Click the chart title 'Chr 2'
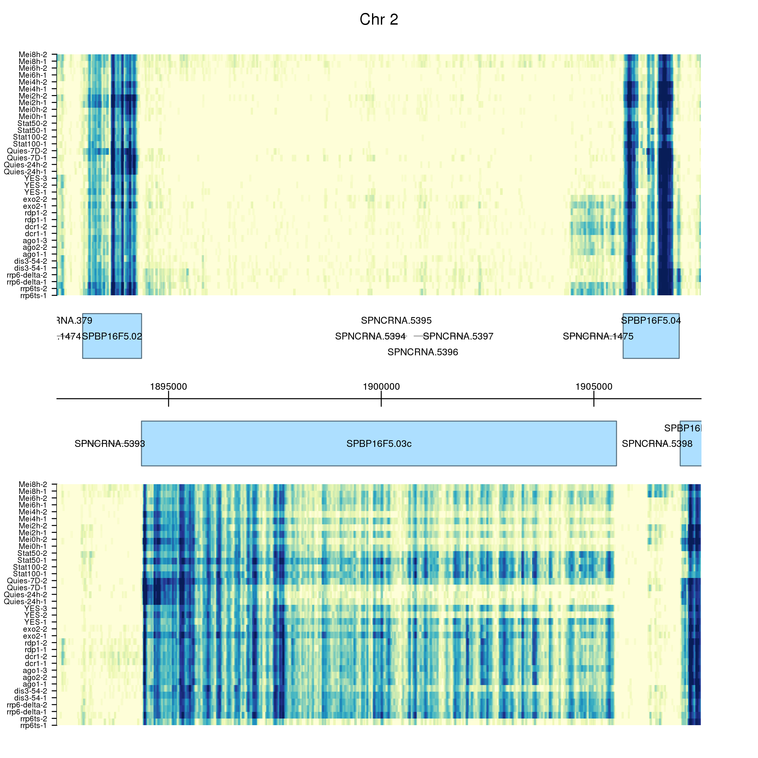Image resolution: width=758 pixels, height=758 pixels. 379,20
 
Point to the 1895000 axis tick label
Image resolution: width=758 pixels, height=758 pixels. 168,387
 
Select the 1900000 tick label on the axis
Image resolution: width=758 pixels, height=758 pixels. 381,387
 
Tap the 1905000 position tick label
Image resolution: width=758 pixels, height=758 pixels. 594,387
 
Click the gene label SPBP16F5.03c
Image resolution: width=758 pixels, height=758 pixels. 379,444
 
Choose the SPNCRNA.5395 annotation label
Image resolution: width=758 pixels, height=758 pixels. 396,321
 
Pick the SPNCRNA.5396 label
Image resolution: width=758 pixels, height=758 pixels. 423,352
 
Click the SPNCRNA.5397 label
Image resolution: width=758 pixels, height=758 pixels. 458,336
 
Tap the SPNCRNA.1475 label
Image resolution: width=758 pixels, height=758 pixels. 598,336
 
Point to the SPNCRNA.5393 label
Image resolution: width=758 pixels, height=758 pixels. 110,444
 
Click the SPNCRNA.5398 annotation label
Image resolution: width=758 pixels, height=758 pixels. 657,444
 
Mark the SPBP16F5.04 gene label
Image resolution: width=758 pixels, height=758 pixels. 651,321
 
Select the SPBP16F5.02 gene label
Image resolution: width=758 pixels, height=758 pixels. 112,336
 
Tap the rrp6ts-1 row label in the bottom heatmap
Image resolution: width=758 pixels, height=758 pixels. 33,725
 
